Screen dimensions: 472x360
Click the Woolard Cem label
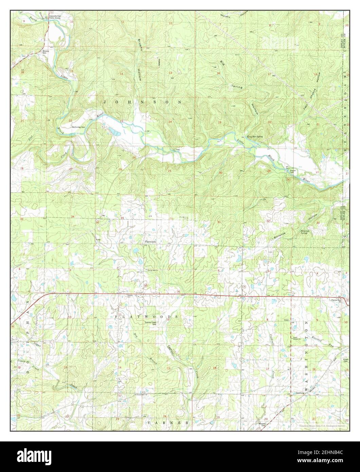click(266, 424)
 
